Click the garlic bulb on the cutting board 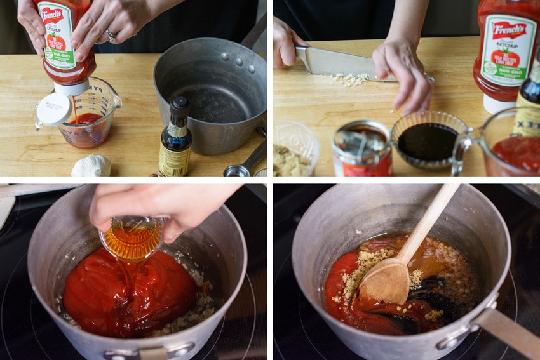point(91,166)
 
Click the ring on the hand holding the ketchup point(111,36)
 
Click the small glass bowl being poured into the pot point(132,238)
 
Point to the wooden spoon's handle point(432,220)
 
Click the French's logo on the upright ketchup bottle point(509,30)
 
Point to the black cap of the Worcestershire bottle point(179,105)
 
